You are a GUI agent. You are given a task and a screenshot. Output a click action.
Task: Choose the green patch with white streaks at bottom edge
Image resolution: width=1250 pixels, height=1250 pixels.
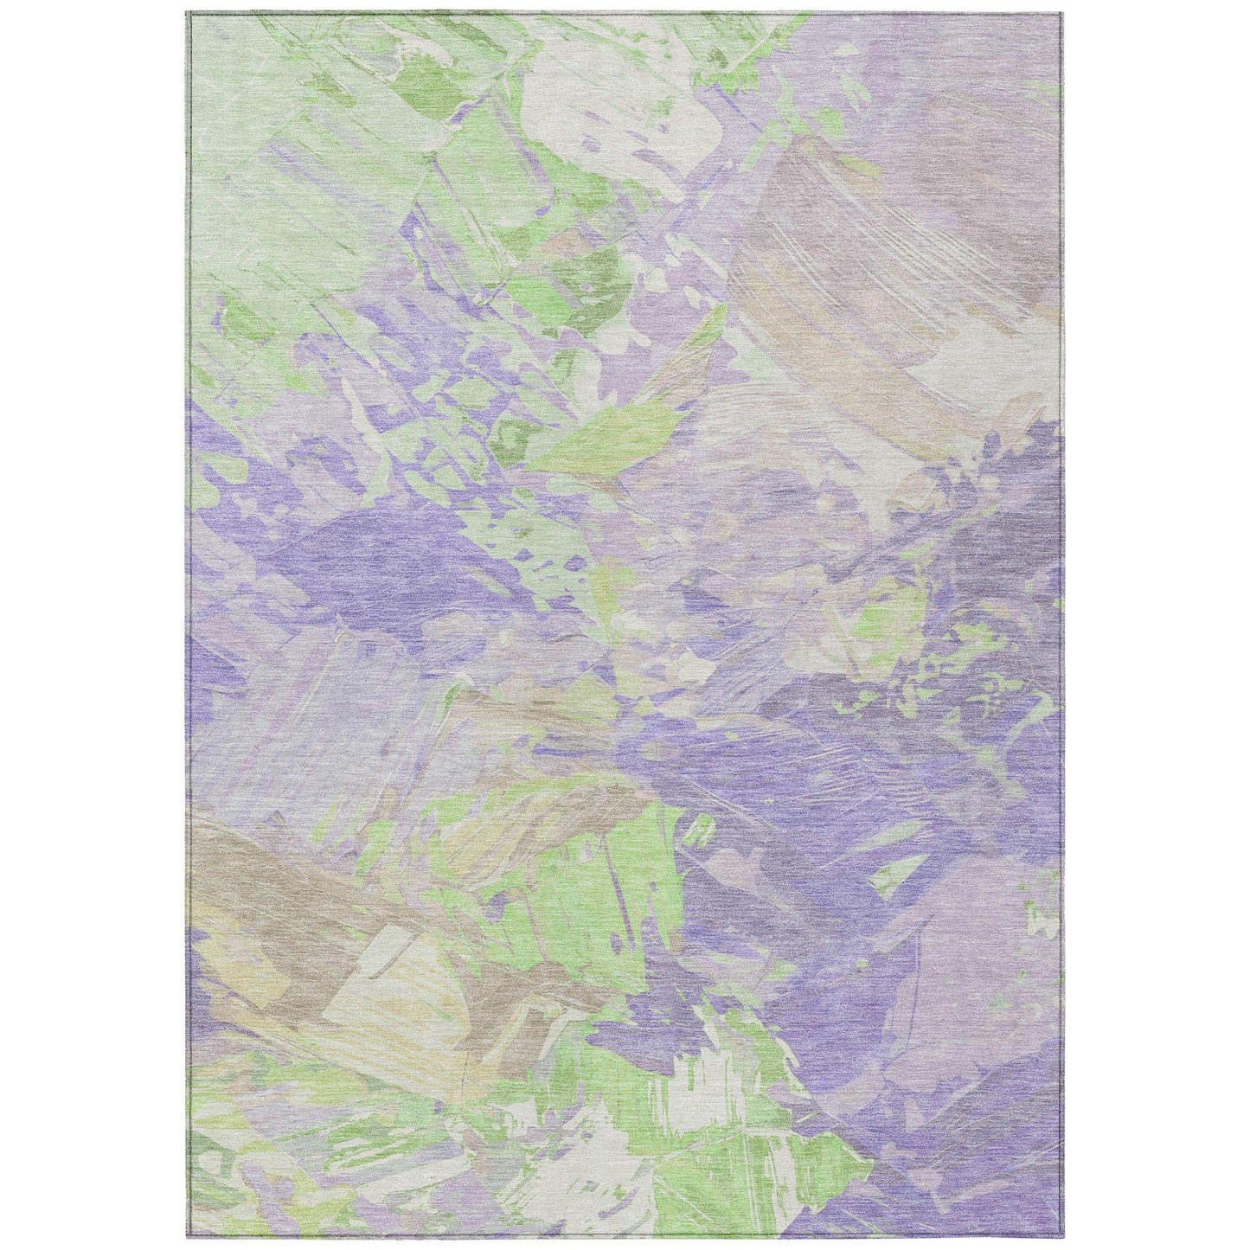(x=761, y=1194)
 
